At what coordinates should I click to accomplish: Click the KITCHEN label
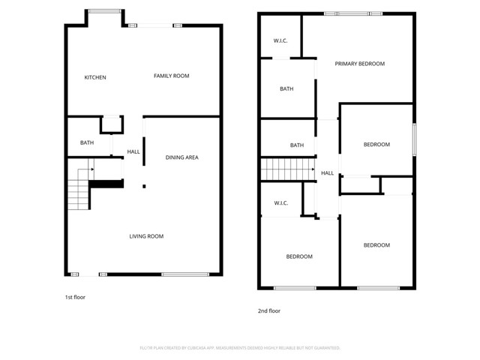[x=95, y=77]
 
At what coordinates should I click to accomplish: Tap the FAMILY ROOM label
[x=171, y=76]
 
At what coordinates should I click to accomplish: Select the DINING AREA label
[x=181, y=157]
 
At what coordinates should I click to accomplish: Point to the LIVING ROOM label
[x=146, y=236]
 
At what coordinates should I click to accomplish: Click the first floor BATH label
[x=87, y=142]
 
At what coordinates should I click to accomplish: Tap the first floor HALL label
[x=133, y=152]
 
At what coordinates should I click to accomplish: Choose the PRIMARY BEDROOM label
[x=359, y=64]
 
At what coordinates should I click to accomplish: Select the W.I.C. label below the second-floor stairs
[x=281, y=202]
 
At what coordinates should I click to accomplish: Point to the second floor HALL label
[x=328, y=173]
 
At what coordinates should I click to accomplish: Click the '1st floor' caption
[x=75, y=297]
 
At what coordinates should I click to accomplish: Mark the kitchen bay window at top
[x=104, y=11]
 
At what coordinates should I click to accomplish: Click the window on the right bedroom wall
[x=414, y=140]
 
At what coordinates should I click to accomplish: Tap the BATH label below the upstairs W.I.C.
[x=286, y=89]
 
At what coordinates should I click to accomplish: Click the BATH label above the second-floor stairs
[x=297, y=145]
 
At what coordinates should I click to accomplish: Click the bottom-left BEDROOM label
[x=299, y=256]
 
